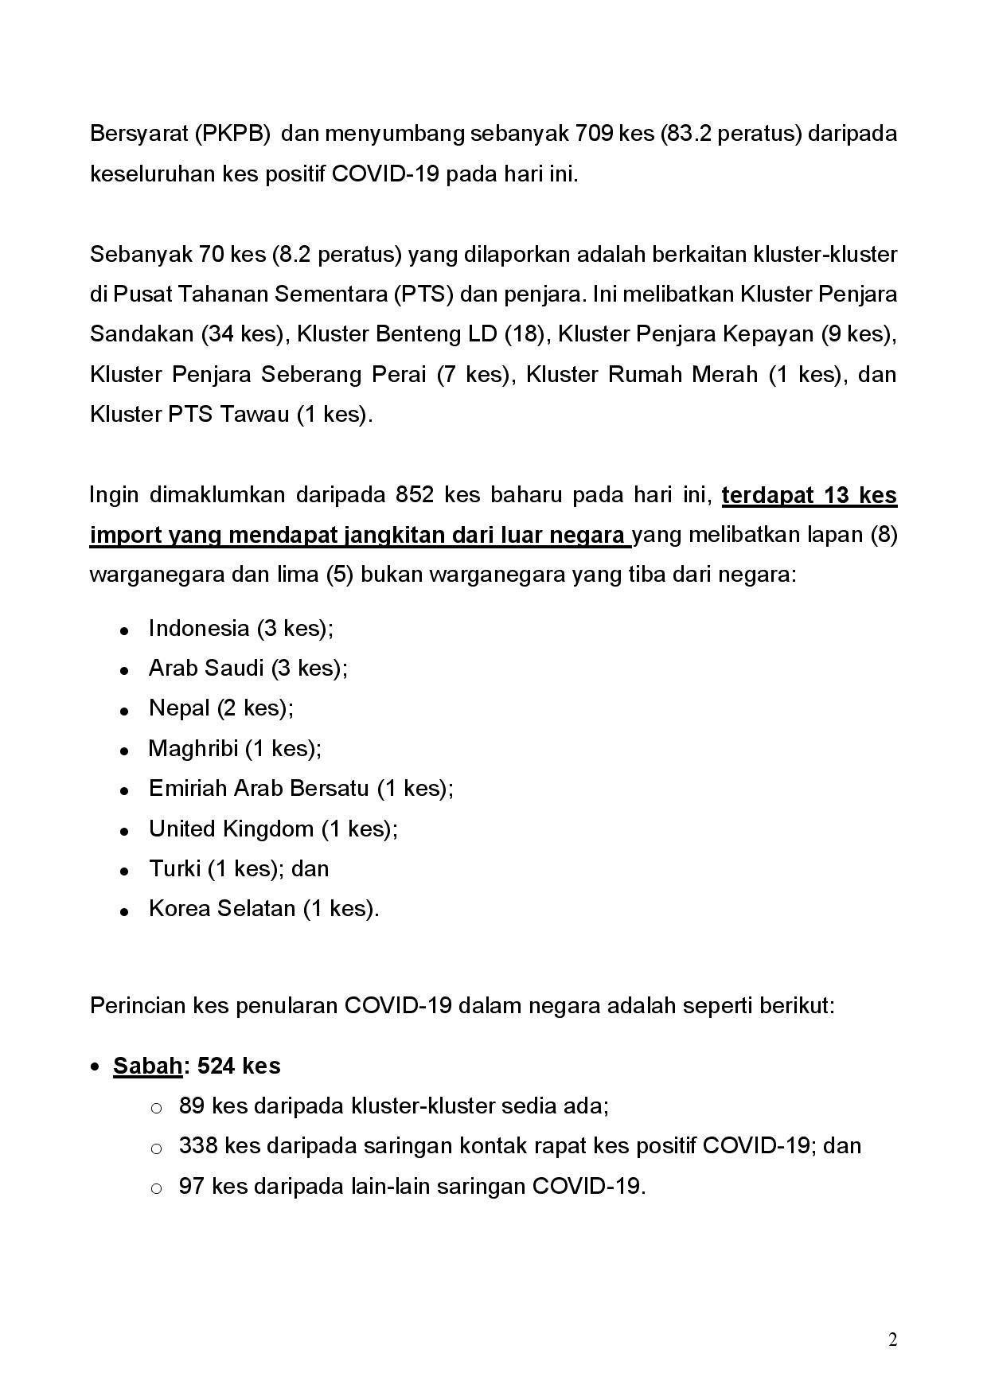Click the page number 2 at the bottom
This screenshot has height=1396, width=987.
click(x=892, y=1340)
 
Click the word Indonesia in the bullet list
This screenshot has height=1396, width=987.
click(x=199, y=628)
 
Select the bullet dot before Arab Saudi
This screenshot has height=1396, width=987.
click(x=124, y=670)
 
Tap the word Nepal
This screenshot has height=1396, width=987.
click(x=179, y=708)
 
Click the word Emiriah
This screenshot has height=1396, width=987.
click(x=187, y=788)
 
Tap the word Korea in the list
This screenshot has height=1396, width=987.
click(x=177, y=908)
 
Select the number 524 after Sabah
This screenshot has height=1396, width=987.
click(x=215, y=1066)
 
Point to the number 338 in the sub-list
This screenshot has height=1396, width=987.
click(x=198, y=1145)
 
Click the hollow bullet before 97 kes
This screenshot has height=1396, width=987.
click(x=157, y=1188)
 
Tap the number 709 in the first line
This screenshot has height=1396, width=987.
click(x=594, y=133)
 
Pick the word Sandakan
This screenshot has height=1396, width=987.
click(x=142, y=333)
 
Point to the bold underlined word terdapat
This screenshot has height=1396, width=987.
click(x=768, y=495)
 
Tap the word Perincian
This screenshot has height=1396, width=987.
click(x=138, y=1005)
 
